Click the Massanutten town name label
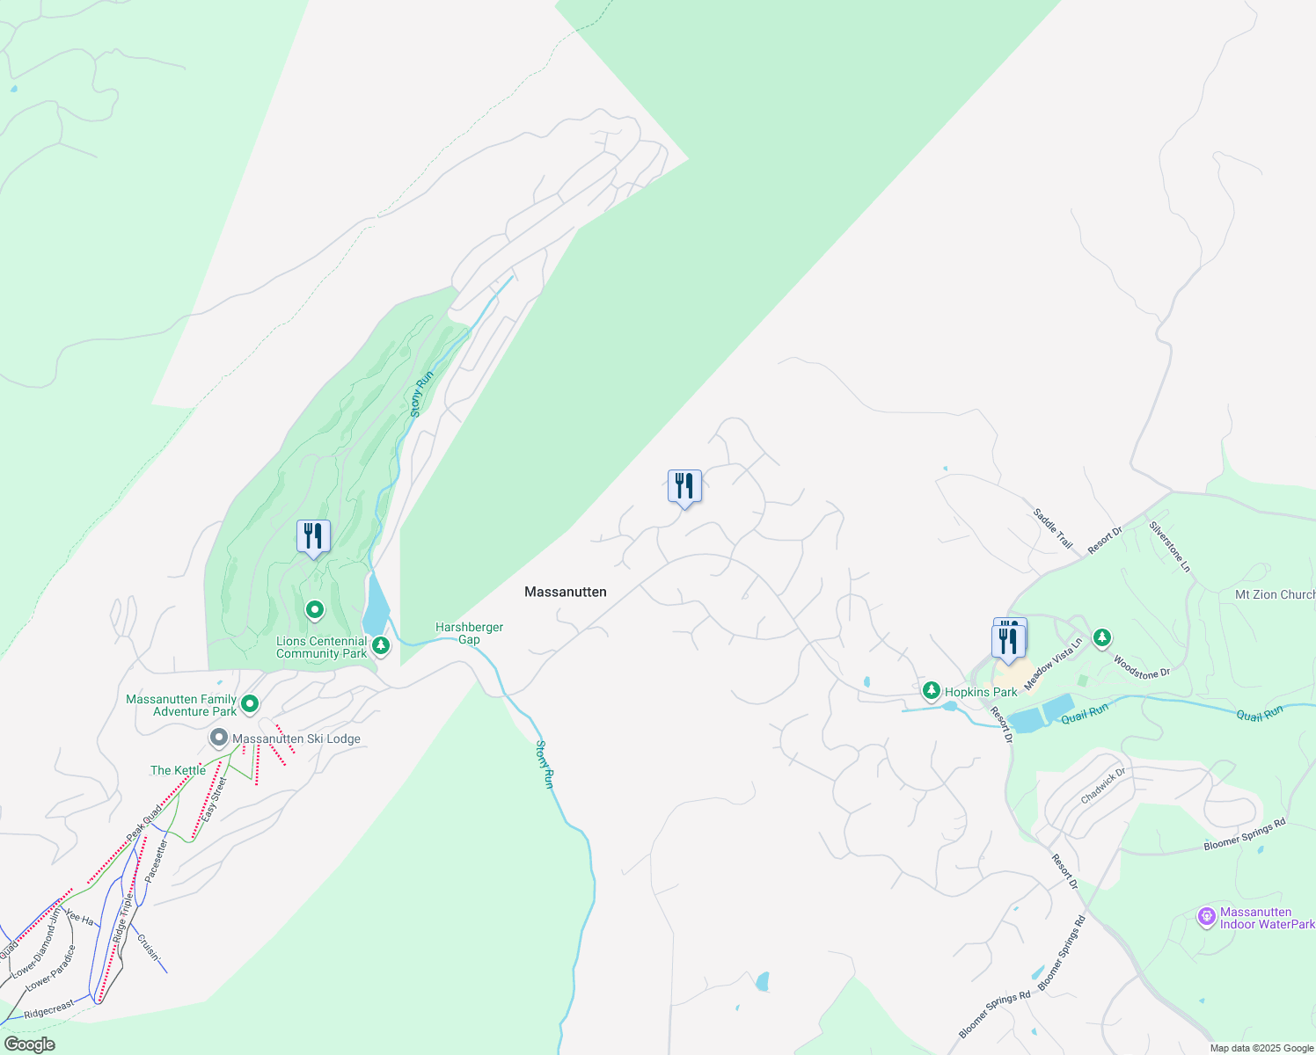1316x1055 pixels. click(566, 592)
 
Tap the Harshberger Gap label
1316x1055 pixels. click(469, 633)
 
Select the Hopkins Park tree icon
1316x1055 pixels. click(931, 691)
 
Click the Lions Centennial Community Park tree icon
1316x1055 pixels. click(381, 646)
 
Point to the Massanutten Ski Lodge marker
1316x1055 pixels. click(218, 738)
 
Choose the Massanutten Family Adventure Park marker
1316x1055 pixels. click(250, 703)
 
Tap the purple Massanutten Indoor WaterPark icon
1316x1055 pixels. click(1207, 917)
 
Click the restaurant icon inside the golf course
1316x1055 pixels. click(313, 536)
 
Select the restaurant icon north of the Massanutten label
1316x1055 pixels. click(684, 486)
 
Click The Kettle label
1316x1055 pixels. click(178, 770)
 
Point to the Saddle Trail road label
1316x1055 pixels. click(1053, 528)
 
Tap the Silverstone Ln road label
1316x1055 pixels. click(1170, 547)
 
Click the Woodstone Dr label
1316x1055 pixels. click(1142, 667)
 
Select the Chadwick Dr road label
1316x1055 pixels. click(1103, 785)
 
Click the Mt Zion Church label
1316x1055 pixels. click(1275, 594)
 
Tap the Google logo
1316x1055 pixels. click(29, 1044)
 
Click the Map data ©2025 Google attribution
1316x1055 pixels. click(1261, 1048)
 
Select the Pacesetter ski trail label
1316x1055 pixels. click(156, 861)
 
